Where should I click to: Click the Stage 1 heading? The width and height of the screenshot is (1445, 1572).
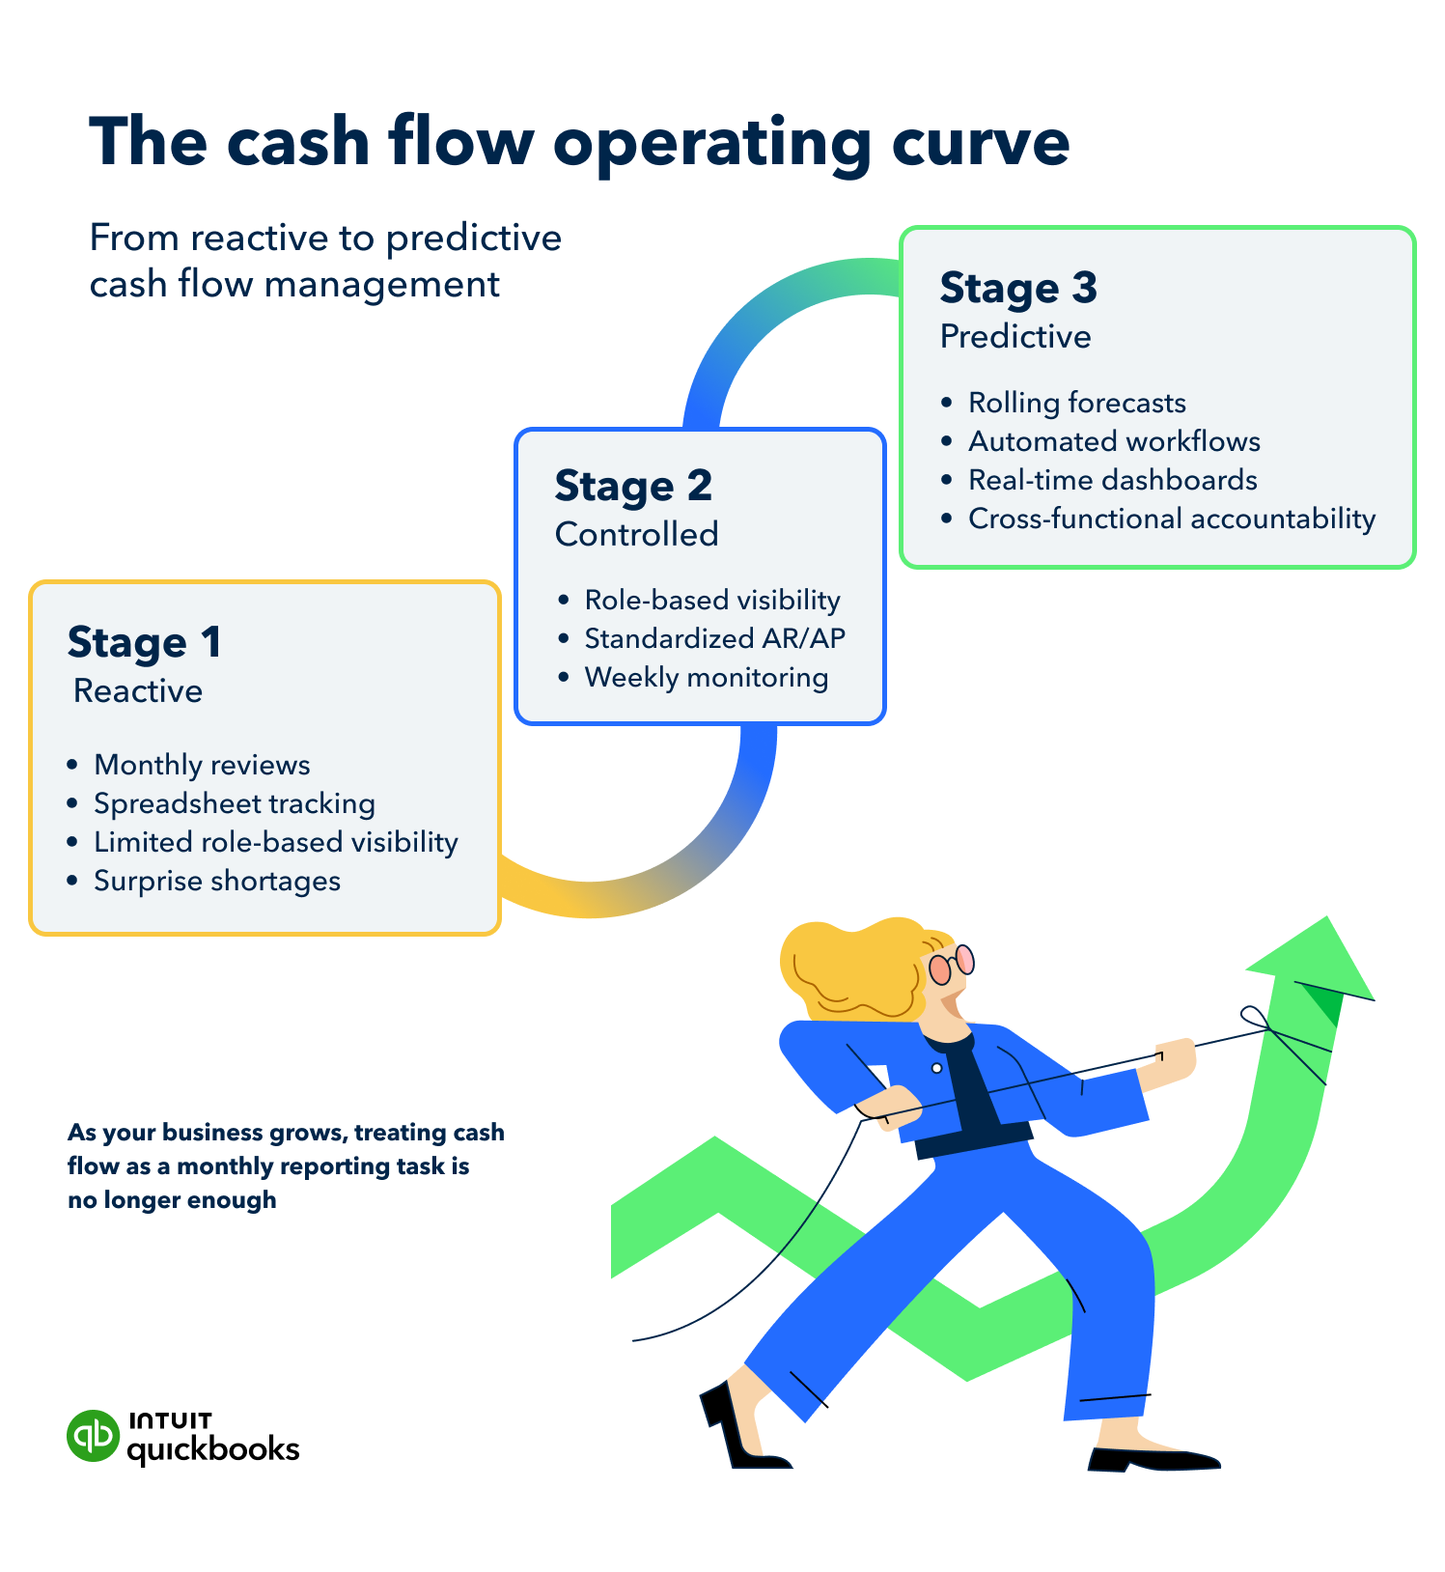click(x=145, y=643)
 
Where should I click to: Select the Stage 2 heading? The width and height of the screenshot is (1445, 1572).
click(x=633, y=487)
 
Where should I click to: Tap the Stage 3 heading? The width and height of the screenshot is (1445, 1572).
click(x=1018, y=289)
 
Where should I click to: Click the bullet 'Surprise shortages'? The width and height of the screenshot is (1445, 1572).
click(x=216, y=881)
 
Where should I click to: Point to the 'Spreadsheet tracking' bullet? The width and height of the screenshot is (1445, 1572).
click(x=234, y=803)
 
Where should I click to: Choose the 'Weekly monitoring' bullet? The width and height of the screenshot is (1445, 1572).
click(x=706, y=677)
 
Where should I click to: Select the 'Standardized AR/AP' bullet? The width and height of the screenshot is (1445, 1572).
click(x=714, y=638)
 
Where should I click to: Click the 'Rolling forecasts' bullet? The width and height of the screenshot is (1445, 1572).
click(x=1076, y=403)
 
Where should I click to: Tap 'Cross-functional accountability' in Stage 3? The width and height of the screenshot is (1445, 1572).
click(x=1171, y=519)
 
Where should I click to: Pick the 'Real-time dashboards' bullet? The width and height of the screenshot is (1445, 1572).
click(x=1112, y=480)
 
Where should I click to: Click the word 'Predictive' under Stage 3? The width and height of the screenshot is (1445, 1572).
click(x=1015, y=337)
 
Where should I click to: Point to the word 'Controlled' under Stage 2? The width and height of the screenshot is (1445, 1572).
click(x=636, y=535)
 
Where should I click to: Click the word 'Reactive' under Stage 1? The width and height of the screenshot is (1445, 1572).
click(x=138, y=691)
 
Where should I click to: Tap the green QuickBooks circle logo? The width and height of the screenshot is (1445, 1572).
click(x=93, y=1436)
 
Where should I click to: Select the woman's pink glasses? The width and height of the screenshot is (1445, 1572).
click(x=951, y=964)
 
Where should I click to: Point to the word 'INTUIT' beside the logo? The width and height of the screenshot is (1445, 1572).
click(x=170, y=1420)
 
